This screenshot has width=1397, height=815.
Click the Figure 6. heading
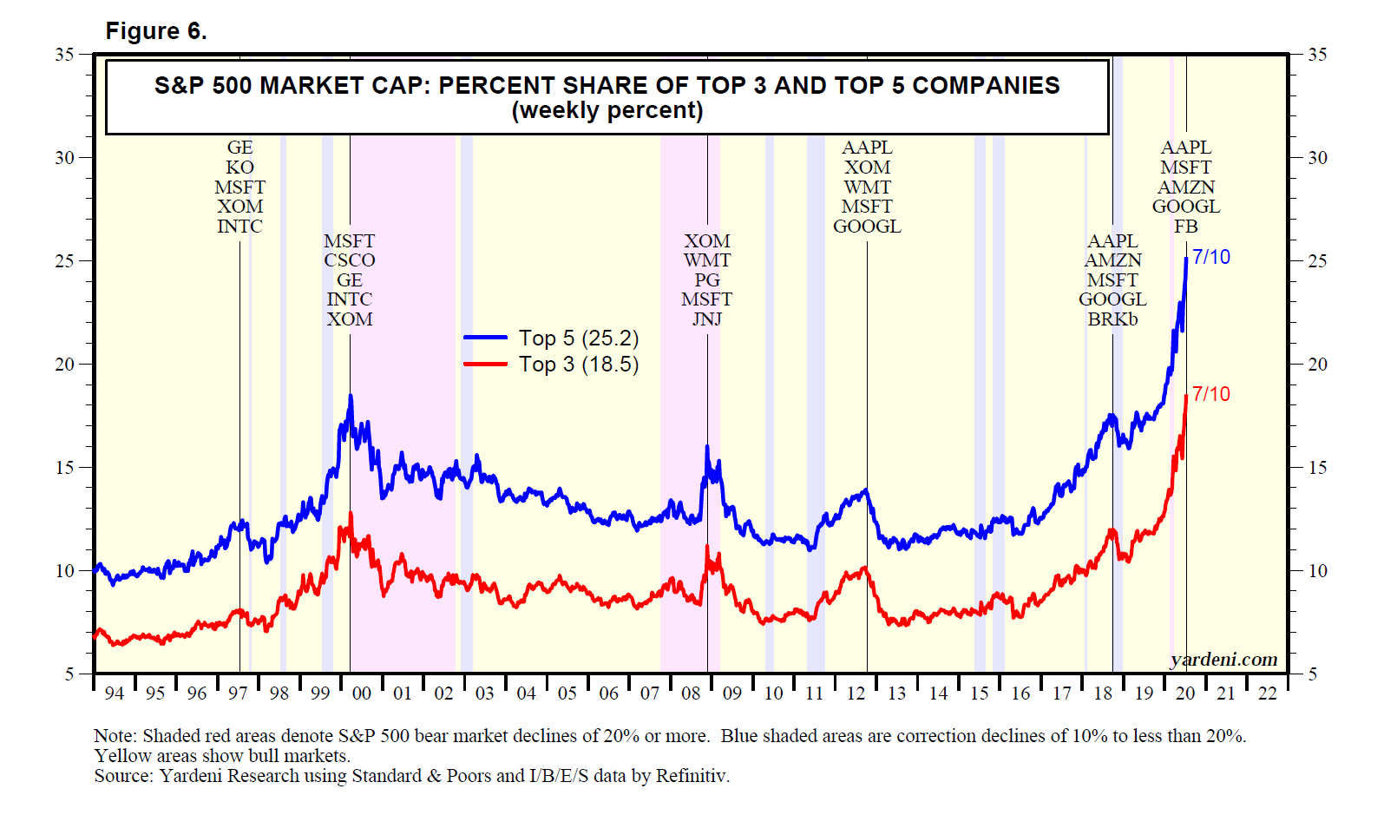click(156, 31)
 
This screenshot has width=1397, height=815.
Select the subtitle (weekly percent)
click(607, 111)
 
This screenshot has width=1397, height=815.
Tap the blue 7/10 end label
click(1211, 257)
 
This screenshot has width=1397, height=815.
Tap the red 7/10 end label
click(1211, 394)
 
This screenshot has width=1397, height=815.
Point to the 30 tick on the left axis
click(65, 158)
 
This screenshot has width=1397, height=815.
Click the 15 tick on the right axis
click(1317, 468)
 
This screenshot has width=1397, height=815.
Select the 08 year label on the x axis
click(691, 693)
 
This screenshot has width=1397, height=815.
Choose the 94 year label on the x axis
click(114, 693)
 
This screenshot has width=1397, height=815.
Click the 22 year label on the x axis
click(1268, 693)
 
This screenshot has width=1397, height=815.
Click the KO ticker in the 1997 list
click(240, 168)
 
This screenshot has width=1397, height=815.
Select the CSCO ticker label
click(350, 260)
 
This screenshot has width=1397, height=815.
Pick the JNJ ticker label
click(707, 319)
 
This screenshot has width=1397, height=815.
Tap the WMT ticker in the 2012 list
click(867, 187)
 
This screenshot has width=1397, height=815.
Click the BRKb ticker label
click(1112, 319)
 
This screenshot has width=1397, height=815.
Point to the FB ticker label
click(1186, 227)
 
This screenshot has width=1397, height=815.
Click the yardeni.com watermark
click(1223, 660)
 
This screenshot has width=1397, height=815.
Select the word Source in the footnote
click(121, 776)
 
